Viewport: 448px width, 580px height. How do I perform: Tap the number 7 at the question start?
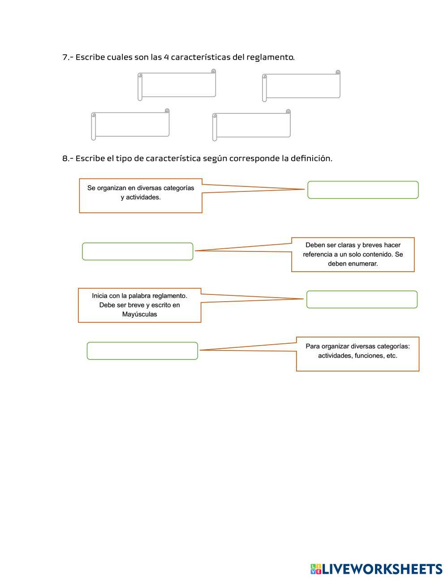click(x=65, y=57)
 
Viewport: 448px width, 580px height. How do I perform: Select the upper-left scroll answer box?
click(x=177, y=85)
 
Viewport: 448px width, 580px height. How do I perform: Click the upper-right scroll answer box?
click(x=302, y=86)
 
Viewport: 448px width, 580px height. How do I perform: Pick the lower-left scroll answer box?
click(x=131, y=124)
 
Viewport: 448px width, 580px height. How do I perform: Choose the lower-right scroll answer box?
click(x=252, y=125)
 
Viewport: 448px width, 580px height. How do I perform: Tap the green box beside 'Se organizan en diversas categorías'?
click(x=363, y=190)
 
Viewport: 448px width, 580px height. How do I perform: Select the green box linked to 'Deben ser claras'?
click(x=138, y=251)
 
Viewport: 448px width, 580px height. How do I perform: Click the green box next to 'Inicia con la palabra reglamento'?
click(x=362, y=299)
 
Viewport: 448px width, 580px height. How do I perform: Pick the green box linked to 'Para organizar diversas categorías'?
click(x=142, y=351)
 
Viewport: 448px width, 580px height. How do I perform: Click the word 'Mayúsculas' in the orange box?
click(x=139, y=314)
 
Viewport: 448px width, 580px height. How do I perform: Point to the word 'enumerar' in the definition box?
click(x=365, y=264)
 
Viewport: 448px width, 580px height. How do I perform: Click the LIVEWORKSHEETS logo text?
click(x=382, y=569)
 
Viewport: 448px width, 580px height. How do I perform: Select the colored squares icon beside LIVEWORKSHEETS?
click(x=316, y=569)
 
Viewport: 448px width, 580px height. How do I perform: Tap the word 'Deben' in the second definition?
click(x=315, y=245)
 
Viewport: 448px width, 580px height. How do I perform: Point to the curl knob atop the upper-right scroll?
click(x=338, y=72)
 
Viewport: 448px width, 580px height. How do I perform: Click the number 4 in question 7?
click(x=166, y=57)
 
